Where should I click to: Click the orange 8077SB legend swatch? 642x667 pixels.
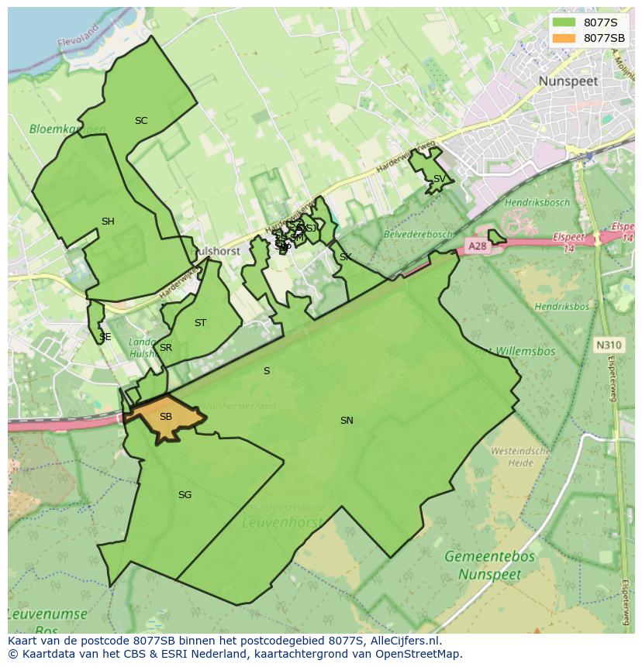coord(564,38)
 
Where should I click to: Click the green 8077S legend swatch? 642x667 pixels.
coord(564,22)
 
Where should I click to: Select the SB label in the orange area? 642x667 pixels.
coord(165,417)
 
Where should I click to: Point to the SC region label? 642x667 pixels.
coord(141,121)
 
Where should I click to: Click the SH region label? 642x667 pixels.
coord(108,222)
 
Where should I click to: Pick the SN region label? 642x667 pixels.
coord(347,421)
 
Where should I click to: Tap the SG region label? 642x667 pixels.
coord(185,495)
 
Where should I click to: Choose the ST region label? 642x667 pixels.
coord(200,323)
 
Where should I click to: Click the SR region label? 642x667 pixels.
coord(165,348)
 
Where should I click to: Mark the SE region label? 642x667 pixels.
coord(105,337)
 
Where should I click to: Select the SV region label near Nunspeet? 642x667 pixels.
coord(439,179)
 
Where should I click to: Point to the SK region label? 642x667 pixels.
coord(345,257)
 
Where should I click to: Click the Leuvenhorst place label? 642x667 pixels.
coord(281,523)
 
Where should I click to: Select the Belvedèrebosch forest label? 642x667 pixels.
coord(417,234)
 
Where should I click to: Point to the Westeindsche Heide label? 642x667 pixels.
coord(521,456)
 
